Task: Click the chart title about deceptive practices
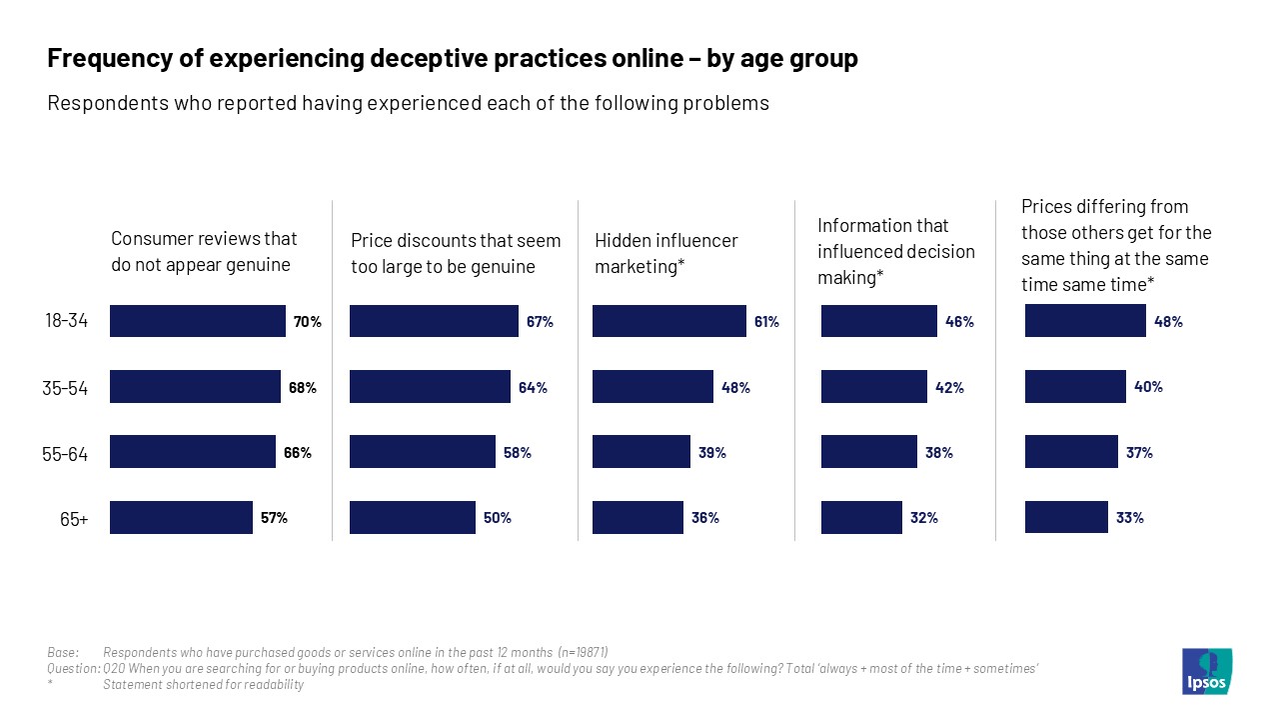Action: (452, 59)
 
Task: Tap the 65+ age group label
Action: (73, 519)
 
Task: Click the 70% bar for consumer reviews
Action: (197, 321)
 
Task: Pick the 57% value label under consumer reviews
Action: (274, 518)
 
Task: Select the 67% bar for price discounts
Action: (434, 321)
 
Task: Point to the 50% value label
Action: (497, 518)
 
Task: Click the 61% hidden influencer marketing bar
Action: (668, 321)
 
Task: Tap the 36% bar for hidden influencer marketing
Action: (638, 517)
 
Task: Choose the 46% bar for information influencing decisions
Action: (878, 321)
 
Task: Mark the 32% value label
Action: (923, 518)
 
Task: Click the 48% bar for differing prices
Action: (1085, 321)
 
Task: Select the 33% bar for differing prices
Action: (1066, 517)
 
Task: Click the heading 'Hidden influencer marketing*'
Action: (665, 254)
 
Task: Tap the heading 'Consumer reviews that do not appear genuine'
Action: (204, 252)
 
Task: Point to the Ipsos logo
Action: (1207, 671)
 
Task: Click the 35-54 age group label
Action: (66, 389)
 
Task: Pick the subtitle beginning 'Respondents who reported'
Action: (408, 103)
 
